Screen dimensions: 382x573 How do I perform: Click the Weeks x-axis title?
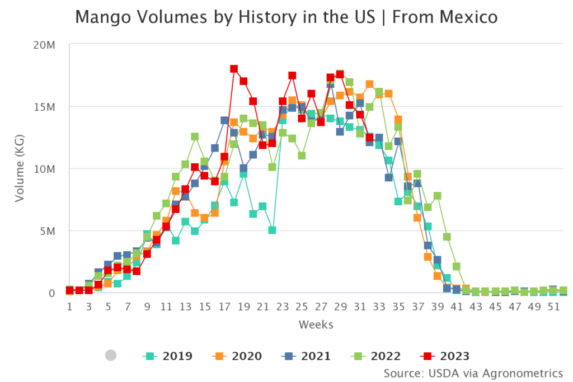coord(316,324)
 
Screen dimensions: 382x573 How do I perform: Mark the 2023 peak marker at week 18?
coord(234,69)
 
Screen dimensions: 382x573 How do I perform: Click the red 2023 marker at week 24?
coord(292,76)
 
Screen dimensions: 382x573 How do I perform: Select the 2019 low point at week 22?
coord(273,230)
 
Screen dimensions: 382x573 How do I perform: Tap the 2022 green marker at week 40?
coord(447,237)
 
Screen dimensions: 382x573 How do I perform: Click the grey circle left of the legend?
coord(111,355)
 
